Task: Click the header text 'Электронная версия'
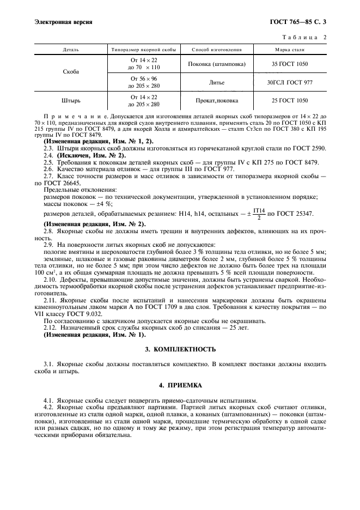click(63, 22)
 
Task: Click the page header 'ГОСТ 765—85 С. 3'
click(301, 22)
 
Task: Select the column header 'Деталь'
click(71, 50)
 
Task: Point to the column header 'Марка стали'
click(289, 50)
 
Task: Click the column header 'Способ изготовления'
click(216, 50)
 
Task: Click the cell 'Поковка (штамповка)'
click(216, 64)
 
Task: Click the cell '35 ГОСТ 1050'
click(289, 64)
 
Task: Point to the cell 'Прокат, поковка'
click(216, 101)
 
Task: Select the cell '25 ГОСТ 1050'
click(289, 101)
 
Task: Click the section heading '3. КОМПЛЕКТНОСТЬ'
click(180, 349)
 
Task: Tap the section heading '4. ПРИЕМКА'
click(180, 385)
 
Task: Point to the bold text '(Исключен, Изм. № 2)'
click(90, 155)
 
